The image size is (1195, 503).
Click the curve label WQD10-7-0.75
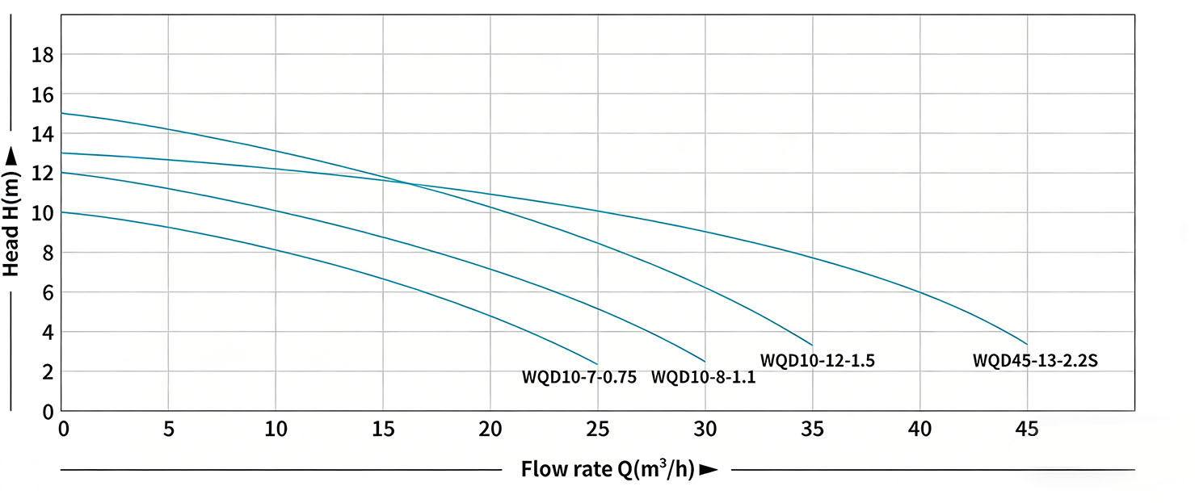click(x=579, y=377)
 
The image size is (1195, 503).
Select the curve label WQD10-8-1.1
click(x=703, y=377)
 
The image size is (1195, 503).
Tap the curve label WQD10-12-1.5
click(x=818, y=361)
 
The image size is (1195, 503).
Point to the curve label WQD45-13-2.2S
click(x=1035, y=361)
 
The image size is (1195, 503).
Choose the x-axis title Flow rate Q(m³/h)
click(x=608, y=469)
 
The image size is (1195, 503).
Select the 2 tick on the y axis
click(x=47, y=371)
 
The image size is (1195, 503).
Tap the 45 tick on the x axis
click(x=1027, y=430)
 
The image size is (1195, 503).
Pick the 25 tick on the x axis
click(x=598, y=430)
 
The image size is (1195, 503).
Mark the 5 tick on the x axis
click(x=168, y=430)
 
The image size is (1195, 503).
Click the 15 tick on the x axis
click(x=383, y=430)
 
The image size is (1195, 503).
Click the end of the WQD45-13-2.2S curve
click(x=1027, y=344)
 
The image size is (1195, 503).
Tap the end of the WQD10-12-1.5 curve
click(x=812, y=345)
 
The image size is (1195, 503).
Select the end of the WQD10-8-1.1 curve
click(x=705, y=361)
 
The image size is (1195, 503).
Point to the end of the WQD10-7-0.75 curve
click(x=598, y=363)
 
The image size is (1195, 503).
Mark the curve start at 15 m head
click(x=62, y=113)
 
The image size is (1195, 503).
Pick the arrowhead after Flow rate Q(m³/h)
click(x=709, y=470)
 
